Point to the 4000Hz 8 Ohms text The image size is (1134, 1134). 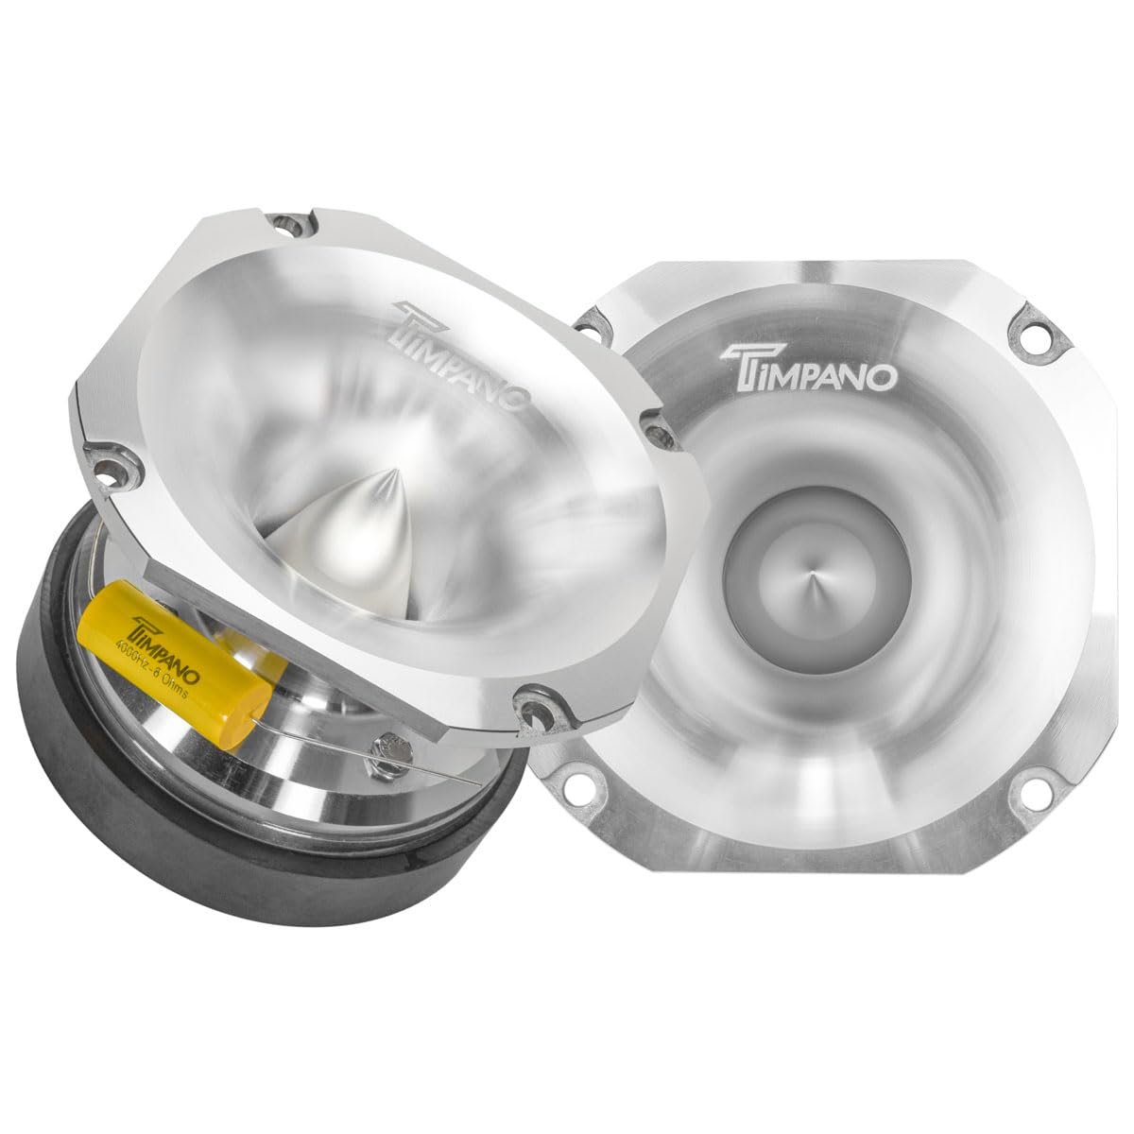(165, 665)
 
